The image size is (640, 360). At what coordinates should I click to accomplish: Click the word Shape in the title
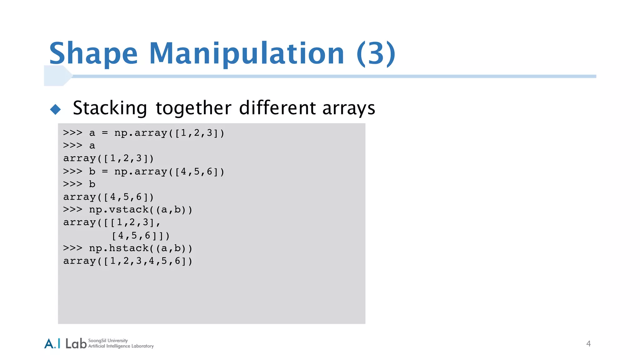point(93,54)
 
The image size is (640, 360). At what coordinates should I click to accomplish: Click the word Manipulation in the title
point(247,54)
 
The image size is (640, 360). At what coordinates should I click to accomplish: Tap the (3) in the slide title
point(376,54)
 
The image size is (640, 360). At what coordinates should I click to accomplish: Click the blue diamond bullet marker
point(55,109)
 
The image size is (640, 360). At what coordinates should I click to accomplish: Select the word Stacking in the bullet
point(110,108)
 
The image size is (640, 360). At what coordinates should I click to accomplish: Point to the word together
point(193,108)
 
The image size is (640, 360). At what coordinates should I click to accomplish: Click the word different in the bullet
point(277,108)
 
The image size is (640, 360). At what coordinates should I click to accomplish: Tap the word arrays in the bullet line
point(348,108)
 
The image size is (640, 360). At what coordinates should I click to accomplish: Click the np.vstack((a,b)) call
point(140,210)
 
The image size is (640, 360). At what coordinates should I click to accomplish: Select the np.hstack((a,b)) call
point(140,248)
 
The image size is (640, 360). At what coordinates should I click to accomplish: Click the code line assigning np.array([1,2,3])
point(144,133)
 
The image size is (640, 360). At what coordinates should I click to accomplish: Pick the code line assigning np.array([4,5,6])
point(144,172)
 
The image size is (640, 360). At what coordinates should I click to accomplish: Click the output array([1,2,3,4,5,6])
point(127,261)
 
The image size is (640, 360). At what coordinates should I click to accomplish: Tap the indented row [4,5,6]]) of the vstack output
point(141,236)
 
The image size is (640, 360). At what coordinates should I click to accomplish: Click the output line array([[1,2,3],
point(112,222)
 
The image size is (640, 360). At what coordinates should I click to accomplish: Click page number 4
point(588,344)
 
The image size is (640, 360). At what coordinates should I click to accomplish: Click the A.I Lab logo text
point(65,343)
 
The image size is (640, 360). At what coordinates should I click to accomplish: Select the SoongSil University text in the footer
point(108,340)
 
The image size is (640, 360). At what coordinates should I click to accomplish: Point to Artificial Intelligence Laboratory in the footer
point(121,346)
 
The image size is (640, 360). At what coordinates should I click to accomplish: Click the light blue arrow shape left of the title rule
point(57,76)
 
